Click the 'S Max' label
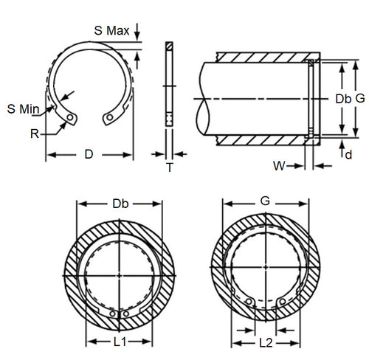tap(113, 31)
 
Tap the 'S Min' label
tap(22, 109)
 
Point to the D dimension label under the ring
tap(89, 155)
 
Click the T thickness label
tap(169, 167)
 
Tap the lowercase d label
tap(348, 155)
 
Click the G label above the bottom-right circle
tap(266, 201)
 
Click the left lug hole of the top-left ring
tap(70, 117)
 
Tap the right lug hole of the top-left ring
tap(109, 117)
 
